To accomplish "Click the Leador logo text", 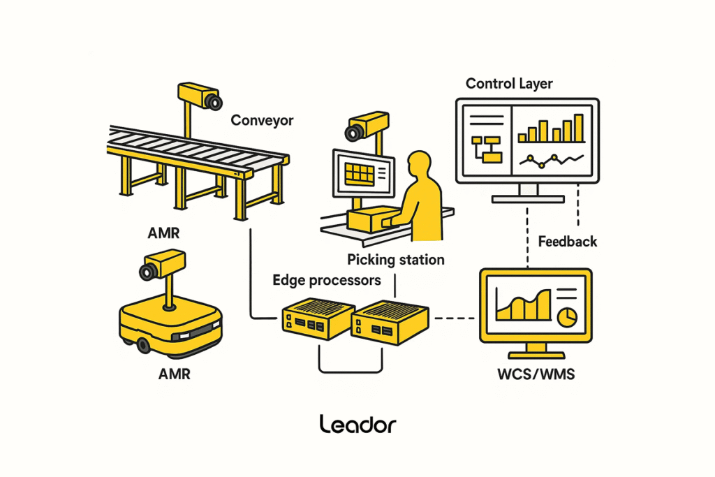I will coord(357,423).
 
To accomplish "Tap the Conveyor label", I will coord(262,121).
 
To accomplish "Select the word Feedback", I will coord(568,242).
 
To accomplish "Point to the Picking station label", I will coord(395,260).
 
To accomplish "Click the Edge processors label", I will coord(326,280).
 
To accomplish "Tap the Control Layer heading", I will coord(509,84).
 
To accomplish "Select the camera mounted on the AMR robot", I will coord(159,266).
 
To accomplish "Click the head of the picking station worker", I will coord(419,165).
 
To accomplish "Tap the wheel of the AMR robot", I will coord(143,345).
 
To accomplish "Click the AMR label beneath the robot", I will coord(174,374).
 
